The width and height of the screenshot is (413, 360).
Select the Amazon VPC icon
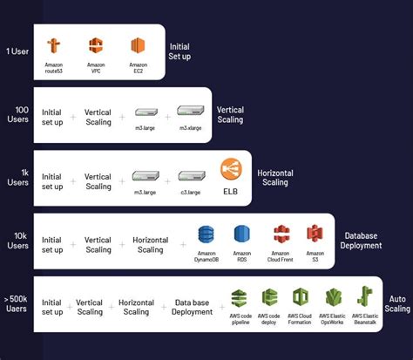pyautogui.click(x=96, y=44)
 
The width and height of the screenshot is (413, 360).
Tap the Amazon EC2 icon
pyautogui.click(x=137, y=44)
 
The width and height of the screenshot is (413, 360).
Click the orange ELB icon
pyautogui.click(x=231, y=169)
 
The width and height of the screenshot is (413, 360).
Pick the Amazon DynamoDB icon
pyautogui.click(x=206, y=234)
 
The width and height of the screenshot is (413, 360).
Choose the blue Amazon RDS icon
pyautogui.click(x=241, y=234)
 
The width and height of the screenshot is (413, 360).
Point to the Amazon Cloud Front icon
pyautogui.click(x=281, y=234)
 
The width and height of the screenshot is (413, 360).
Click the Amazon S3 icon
pyautogui.click(x=315, y=234)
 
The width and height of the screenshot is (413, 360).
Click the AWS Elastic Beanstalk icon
pyautogui.click(x=365, y=297)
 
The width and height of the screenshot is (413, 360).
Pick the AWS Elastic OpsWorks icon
pyautogui.click(x=334, y=297)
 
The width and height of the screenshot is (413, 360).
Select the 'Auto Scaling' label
pyautogui.click(x=397, y=303)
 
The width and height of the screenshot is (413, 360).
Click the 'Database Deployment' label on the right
pyautogui.click(x=362, y=240)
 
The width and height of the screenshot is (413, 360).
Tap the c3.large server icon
pyautogui.click(x=191, y=175)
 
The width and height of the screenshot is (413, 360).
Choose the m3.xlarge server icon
pyautogui.click(x=189, y=112)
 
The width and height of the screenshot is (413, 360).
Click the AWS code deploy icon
pyautogui.click(x=269, y=297)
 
